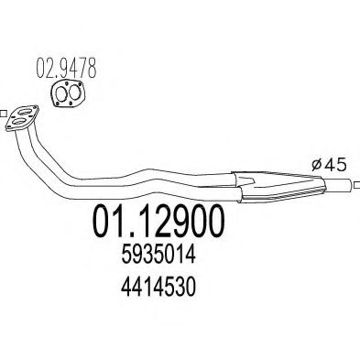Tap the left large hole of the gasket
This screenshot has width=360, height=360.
click(62, 93)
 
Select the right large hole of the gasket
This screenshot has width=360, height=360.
click(73, 93)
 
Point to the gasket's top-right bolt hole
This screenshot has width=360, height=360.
click(80, 84)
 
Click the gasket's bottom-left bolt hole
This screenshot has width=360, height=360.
click(57, 104)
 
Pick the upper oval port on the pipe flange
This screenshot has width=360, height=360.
click(26, 113)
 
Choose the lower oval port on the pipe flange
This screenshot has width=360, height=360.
click(18, 122)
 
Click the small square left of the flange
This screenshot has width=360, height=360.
click(3, 114)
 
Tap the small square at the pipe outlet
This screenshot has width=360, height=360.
click(357, 185)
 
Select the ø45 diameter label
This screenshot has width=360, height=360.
click(329, 165)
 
